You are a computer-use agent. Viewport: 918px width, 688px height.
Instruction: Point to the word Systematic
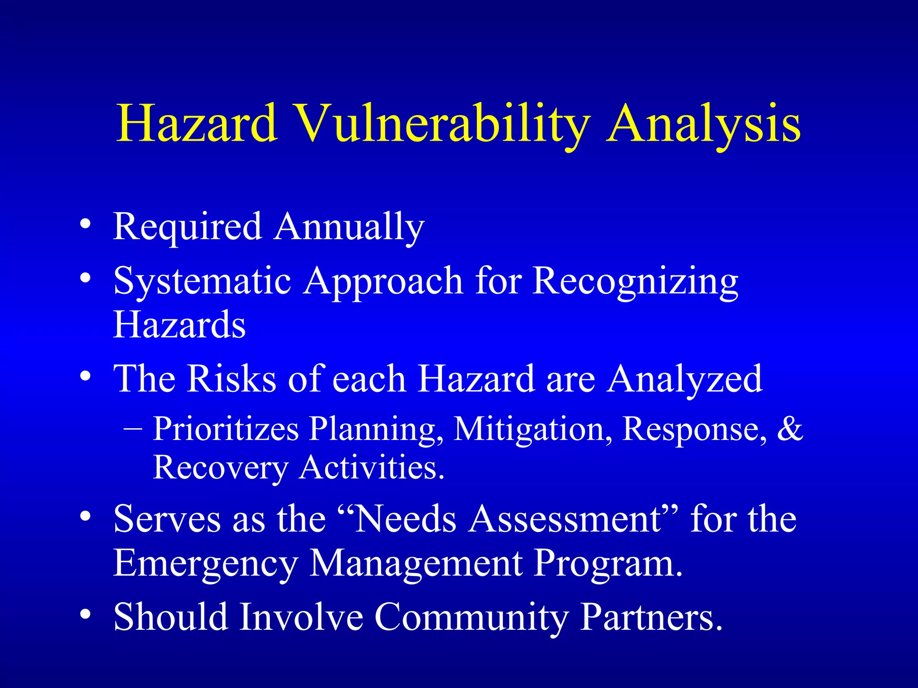click(x=202, y=281)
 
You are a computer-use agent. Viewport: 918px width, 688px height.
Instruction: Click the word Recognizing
click(x=635, y=281)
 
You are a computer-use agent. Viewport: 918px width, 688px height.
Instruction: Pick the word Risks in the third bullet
click(x=231, y=379)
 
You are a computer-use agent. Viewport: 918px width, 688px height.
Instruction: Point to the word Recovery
click(x=220, y=468)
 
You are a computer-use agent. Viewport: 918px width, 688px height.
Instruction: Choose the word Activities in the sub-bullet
click(x=372, y=468)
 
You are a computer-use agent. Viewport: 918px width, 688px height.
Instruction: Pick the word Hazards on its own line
click(x=179, y=325)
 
